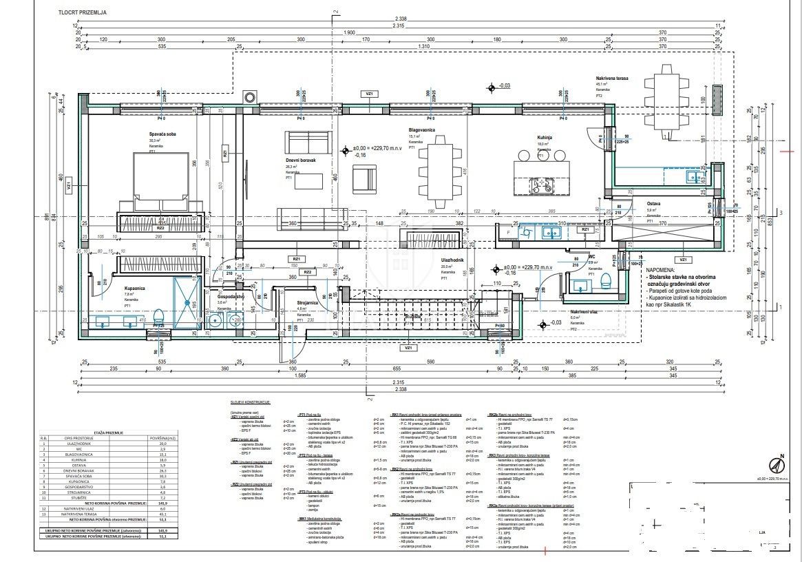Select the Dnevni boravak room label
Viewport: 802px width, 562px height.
click(x=301, y=160)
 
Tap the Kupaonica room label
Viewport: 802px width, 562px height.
click(x=134, y=287)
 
